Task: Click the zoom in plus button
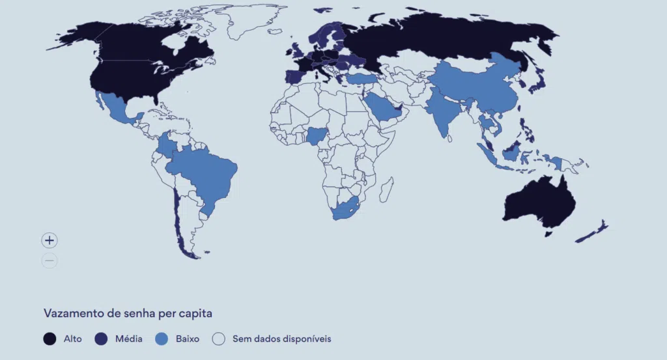click(x=50, y=240)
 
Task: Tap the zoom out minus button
click(x=50, y=261)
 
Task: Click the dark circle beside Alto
click(x=50, y=339)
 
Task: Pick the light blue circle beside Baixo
click(x=162, y=339)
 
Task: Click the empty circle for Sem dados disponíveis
click(x=219, y=339)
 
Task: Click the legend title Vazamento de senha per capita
click(x=128, y=313)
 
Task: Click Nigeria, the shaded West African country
click(x=317, y=136)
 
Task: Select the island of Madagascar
click(x=386, y=189)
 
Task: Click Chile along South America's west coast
click(x=177, y=215)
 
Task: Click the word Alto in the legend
click(x=72, y=339)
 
